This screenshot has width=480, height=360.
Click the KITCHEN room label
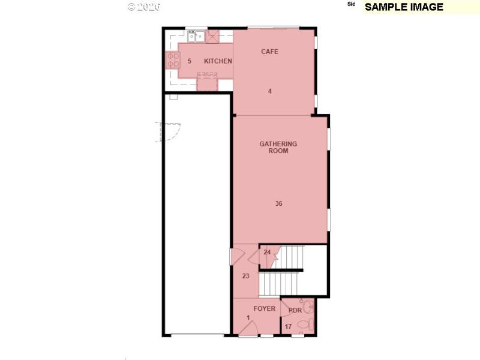click(218, 61)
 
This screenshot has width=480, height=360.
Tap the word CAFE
click(269, 52)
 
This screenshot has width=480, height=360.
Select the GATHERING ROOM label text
click(278, 148)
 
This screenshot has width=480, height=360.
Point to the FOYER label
click(264, 309)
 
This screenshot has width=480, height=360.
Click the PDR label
click(295, 310)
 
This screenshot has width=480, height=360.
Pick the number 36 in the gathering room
click(278, 204)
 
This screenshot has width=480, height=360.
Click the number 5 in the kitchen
click(189, 61)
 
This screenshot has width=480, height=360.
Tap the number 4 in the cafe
click(270, 91)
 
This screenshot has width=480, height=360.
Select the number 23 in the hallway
click(245, 276)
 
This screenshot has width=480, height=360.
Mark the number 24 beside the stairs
click(267, 252)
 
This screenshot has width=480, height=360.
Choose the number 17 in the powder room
click(288, 326)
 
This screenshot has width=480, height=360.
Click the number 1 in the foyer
click(247, 318)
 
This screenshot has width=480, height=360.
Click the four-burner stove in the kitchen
click(173, 59)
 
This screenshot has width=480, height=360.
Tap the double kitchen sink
click(196, 37)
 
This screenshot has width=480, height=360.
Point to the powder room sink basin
click(308, 307)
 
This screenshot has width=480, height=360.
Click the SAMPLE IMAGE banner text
click(404, 7)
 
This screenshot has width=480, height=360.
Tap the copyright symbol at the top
click(132, 7)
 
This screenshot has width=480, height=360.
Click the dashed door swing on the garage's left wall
click(169, 131)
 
